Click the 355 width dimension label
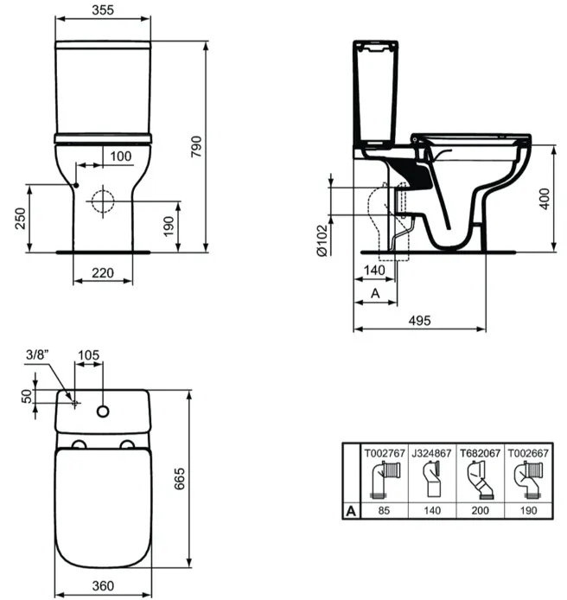103,10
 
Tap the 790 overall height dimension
196,146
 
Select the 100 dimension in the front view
121,156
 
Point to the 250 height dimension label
20,219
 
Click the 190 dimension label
169,227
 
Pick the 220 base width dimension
103,273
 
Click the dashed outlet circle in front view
103,201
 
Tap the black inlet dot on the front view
76,185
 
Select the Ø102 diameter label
322,240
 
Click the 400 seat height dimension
545,199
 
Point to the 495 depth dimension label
419,320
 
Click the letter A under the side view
375,293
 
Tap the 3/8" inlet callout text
37,354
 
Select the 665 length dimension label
179,478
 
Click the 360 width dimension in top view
103,585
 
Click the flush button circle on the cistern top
103,412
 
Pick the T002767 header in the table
385,453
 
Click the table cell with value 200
481,510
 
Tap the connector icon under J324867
432,480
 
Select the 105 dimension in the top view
88,354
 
